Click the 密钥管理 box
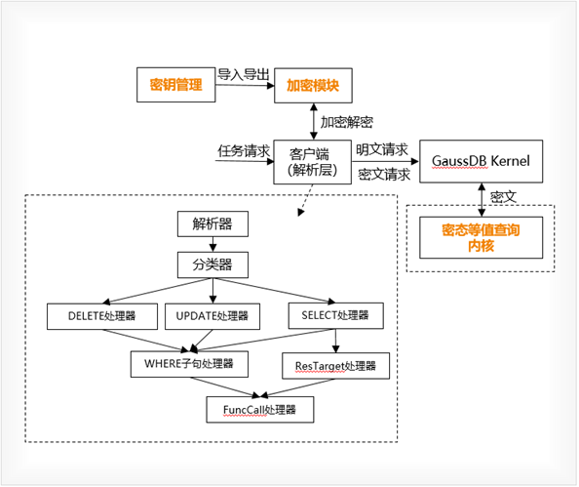(x=175, y=85)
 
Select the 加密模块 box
(x=312, y=85)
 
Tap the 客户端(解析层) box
(x=312, y=161)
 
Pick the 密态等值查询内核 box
(x=481, y=238)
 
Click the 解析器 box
(x=212, y=223)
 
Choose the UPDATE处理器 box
(x=212, y=316)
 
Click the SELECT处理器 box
(x=335, y=315)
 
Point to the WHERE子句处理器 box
(x=189, y=364)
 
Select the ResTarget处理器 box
(x=335, y=367)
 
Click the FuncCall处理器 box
(x=259, y=409)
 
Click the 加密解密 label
(x=347, y=122)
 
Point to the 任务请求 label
(x=244, y=151)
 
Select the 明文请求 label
(x=382, y=150)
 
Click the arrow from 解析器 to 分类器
(x=212, y=245)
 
